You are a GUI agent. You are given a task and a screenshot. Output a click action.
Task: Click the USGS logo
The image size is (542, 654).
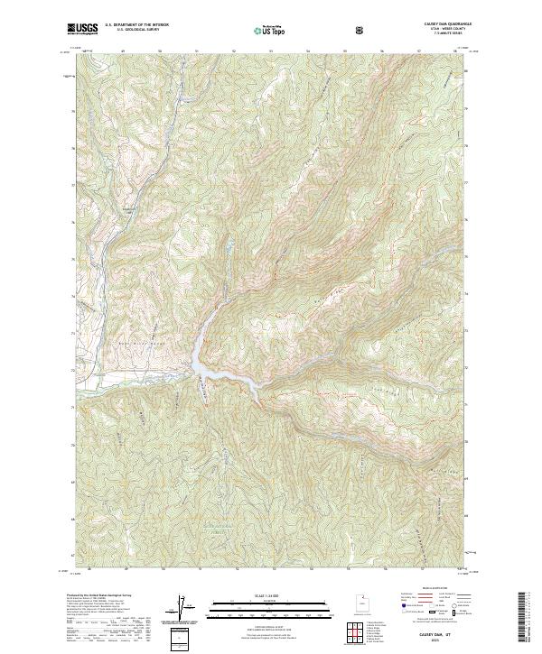82,29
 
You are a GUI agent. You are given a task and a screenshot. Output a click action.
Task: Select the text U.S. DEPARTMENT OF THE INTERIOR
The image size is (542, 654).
136,26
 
